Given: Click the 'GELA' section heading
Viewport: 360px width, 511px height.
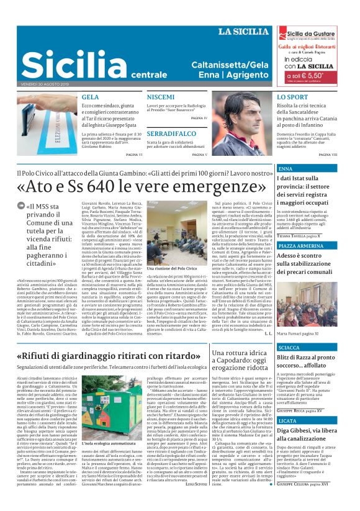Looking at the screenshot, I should point(91,97).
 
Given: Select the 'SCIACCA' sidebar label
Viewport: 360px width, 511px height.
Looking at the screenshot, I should point(289,348).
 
